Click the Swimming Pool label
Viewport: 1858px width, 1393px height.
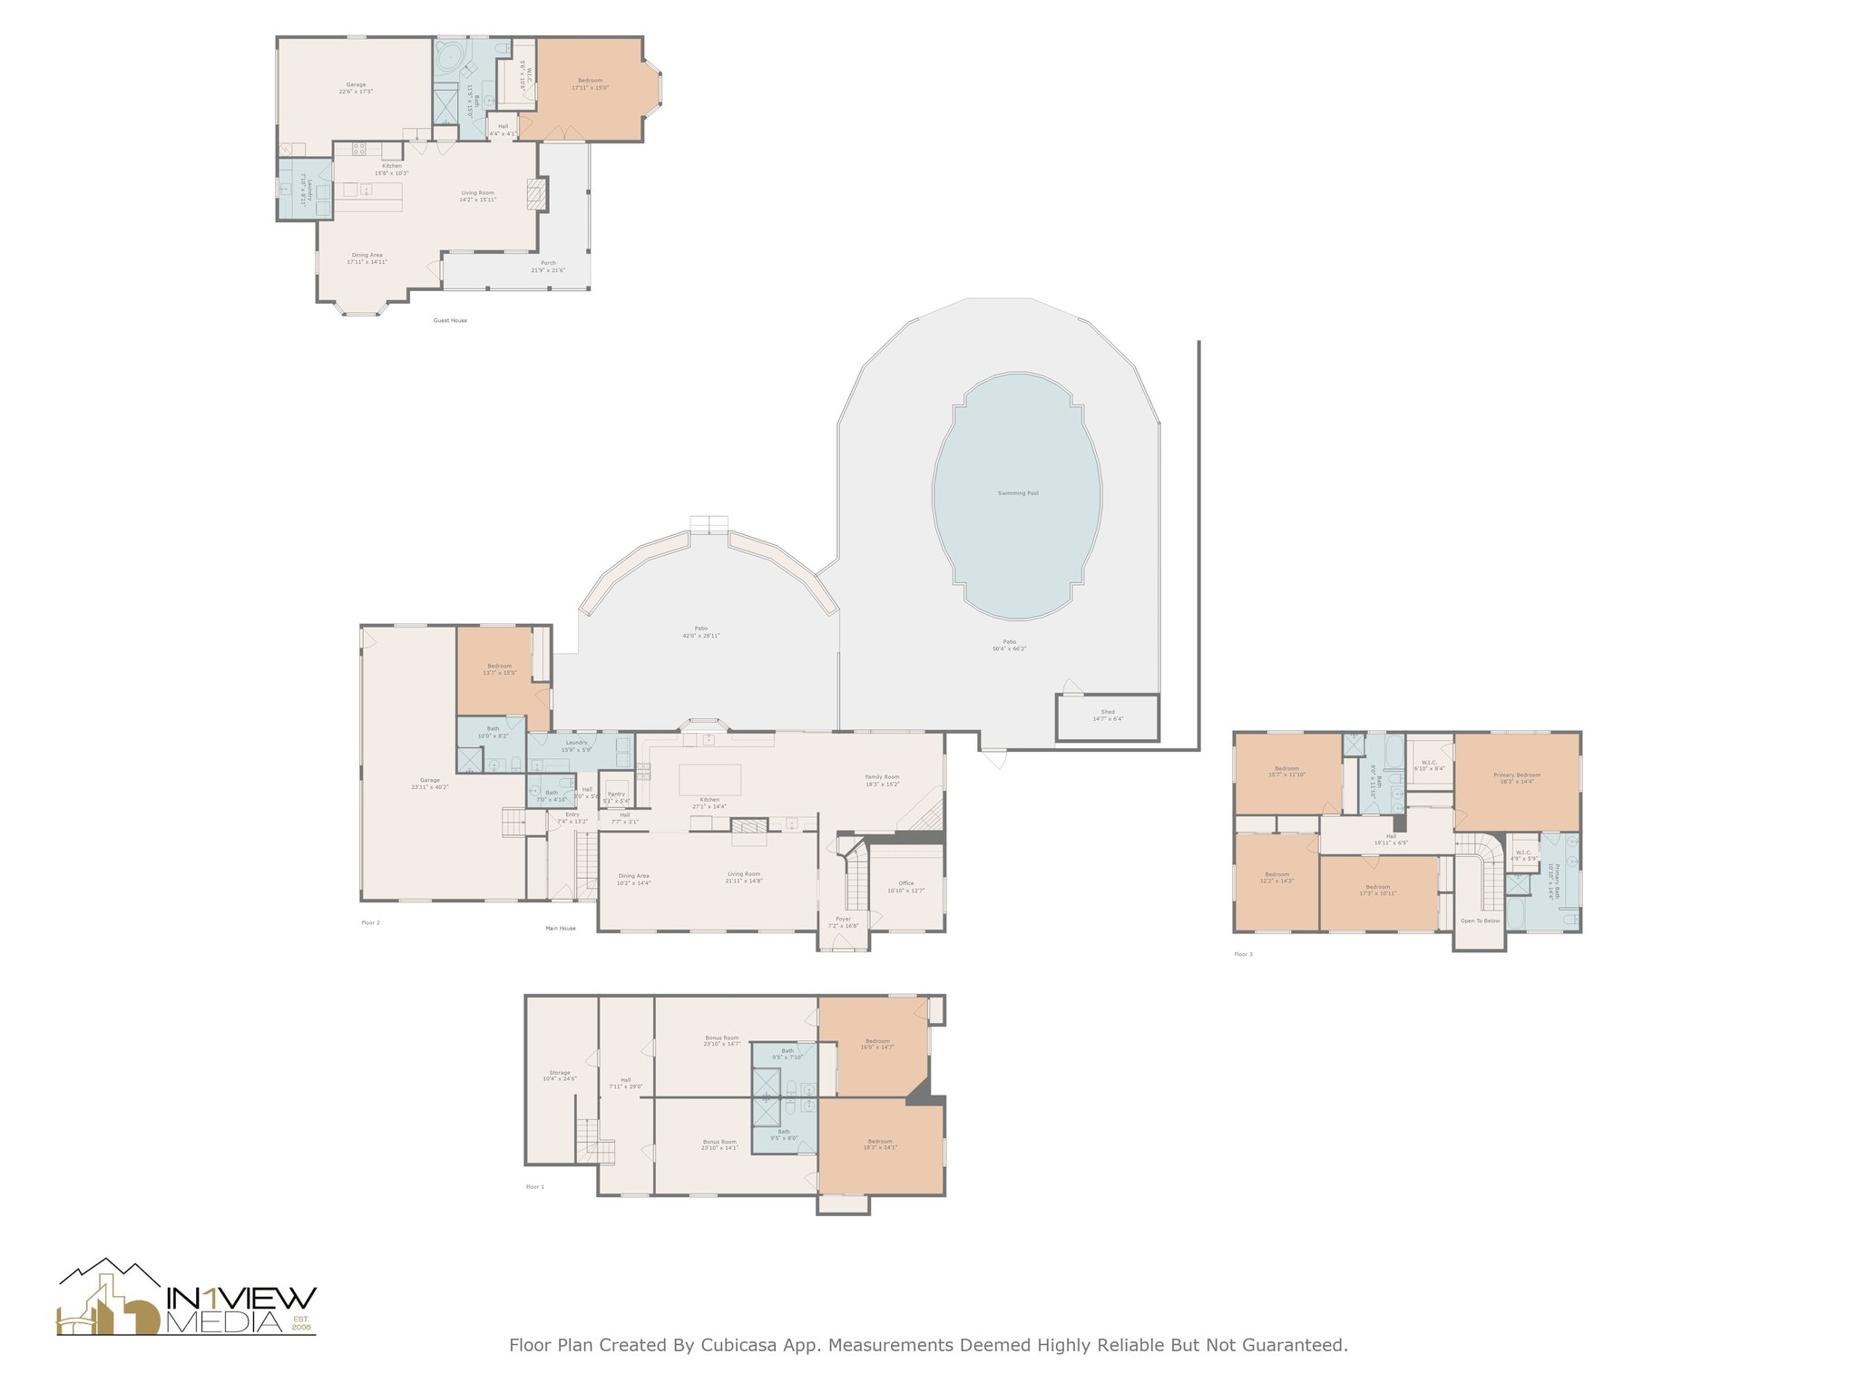pos(1018,493)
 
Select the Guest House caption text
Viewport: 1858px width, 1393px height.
pos(450,320)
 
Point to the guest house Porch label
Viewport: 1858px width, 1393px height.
pos(548,263)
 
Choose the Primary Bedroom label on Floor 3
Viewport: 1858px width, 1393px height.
pos(1517,775)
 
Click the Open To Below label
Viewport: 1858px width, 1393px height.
pos(1480,921)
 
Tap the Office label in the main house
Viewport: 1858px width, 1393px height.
pos(906,882)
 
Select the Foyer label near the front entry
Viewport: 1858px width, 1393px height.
pos(844,919)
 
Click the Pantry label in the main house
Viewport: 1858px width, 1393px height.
pos(616,794)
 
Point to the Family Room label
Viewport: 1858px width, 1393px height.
pos(882,777)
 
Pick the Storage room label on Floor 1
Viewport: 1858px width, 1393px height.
pos(560,1073)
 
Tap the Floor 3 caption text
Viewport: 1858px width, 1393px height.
pos(1243,954)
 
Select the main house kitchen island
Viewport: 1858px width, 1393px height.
pos(709,779)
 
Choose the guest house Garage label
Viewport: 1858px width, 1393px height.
pos(356,85)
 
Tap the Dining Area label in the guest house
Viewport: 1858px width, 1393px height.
pos(367,256)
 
